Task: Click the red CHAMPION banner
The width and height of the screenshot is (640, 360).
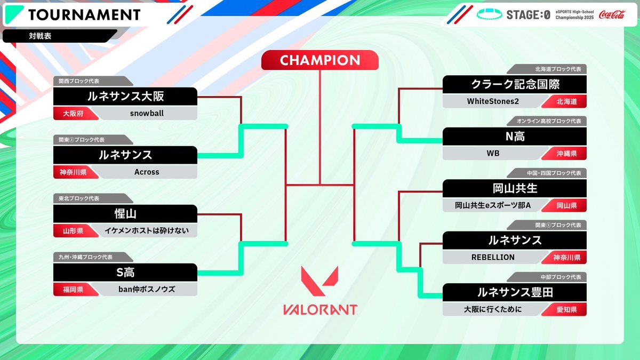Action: point(319,60)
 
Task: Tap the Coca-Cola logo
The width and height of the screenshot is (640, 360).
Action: point(612,14)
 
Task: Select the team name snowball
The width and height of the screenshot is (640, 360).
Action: point(147,114)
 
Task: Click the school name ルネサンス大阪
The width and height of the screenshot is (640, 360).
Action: point(125,97)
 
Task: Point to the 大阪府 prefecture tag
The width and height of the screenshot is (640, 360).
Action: point(73,114)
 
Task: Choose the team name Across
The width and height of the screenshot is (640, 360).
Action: point(147,172)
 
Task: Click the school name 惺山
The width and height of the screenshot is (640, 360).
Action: point(125,214)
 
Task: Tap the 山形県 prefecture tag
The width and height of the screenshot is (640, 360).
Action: point(73,231)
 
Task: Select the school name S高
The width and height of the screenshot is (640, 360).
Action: point(125,273)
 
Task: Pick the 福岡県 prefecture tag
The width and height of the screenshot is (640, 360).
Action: point(73,290)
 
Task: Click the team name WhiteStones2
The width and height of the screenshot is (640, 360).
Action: point(493,101)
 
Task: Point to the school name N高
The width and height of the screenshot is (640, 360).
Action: point(515,137)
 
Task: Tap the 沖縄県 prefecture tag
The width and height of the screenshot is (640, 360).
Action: point(566,154)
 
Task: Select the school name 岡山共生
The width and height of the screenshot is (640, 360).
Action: point(515,188)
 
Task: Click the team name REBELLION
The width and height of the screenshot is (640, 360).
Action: point(493,258)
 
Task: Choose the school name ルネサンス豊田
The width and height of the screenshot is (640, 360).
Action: point(515,292)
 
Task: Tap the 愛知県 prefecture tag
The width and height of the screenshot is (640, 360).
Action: point(566,310)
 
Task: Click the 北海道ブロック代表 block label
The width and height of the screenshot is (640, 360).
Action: point(558,69)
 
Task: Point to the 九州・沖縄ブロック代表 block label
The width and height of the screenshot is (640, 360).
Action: point(85,257)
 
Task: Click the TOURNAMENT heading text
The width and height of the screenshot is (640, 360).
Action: point(84,15)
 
